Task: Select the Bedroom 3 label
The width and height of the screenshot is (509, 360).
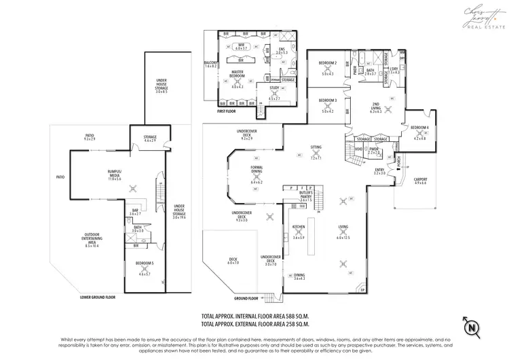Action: tap(328, 103)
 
